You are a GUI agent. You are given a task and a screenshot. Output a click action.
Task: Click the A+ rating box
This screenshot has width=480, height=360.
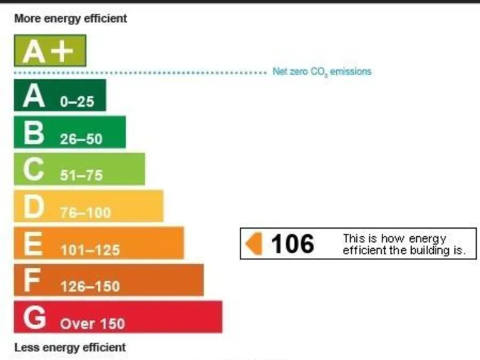pyautogui.click(x=49, y=51)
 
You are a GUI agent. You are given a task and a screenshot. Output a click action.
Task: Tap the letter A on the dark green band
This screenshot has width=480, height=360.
pyautogui.click(x=34, y=96)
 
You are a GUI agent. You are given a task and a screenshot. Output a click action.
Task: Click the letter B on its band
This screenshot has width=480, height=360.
pyautogui.click(x=34, y=133)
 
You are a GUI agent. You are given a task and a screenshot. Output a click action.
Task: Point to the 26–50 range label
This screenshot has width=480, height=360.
pyautogui.click(x=81, y=139)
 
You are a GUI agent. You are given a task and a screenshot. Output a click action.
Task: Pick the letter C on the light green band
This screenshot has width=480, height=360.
pyautogui.click(x=34, y=169)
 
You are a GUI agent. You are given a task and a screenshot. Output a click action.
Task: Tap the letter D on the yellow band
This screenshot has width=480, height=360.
pyautogui.click(x=34, y=207)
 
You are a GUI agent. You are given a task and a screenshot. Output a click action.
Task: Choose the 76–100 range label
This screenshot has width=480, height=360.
pyautogui.click(x=85, y=213)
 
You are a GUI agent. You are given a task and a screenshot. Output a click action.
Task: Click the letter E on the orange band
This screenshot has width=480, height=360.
pyautogui.click(x=32, y=244)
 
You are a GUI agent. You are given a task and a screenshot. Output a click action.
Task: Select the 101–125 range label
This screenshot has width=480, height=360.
pyautogui.click(x=90, y=250)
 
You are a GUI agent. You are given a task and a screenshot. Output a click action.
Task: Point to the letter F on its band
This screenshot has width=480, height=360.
pyautogui.click(x=32, y=281)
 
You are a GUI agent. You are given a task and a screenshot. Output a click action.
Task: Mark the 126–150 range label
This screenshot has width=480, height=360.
pyautogui.click(x=90, y=287)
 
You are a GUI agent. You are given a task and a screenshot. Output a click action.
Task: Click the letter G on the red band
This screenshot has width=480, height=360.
pyautogui.click(x=34, y=317)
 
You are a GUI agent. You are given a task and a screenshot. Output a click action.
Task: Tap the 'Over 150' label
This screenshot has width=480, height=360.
pyautogui.click(x=92, y=324)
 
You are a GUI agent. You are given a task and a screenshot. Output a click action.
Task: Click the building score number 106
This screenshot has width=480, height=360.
pyautogui.click(x=292, y=244)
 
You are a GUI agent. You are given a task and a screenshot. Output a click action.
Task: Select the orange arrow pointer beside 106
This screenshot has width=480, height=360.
pyautogui.click(x=254, y=243)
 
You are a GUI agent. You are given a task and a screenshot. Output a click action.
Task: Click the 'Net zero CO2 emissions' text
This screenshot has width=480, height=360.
pyautogui.click(x=322, y=72)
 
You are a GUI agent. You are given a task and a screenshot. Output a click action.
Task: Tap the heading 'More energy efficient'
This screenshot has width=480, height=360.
pyautogui.click(x=70, y=19)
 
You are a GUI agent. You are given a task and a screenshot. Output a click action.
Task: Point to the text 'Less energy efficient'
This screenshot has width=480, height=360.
pyautogui.click(x=70, y=347)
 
